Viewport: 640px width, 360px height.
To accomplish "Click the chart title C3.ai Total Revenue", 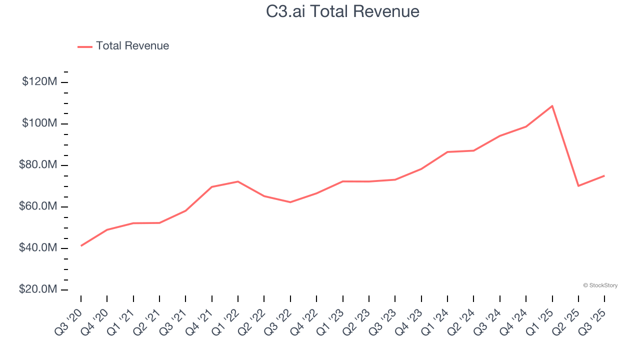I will (x=342, y=11).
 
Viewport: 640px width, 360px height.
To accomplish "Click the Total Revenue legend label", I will (x=132, y=46).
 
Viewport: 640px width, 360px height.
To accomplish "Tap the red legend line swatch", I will (x=85, y=46).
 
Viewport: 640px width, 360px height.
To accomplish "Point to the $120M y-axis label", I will (x=39, y=81).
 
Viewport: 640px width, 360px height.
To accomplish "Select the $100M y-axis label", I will (x=39, y=123).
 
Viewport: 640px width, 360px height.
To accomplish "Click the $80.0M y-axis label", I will (x=38, y=165).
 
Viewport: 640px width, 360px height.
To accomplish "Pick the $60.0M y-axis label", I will (x=38, y=206).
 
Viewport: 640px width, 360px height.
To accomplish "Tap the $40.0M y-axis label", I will (x=38, y=248).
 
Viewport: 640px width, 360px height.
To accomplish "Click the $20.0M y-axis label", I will (x=38, y=290).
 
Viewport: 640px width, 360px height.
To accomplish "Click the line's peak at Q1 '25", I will (x=552, y=106).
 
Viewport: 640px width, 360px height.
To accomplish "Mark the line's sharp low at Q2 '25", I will (x=578, y=186).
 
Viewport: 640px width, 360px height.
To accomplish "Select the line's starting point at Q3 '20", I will (x=81, y=245).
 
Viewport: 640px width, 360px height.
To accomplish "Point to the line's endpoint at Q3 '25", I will (x=604, y=175).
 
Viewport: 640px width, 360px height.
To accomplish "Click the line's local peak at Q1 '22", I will (x=238, y=181).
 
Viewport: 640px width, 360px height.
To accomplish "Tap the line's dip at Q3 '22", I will (x=290, y=202).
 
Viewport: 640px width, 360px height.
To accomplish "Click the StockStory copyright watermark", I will (x=600, y=285).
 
